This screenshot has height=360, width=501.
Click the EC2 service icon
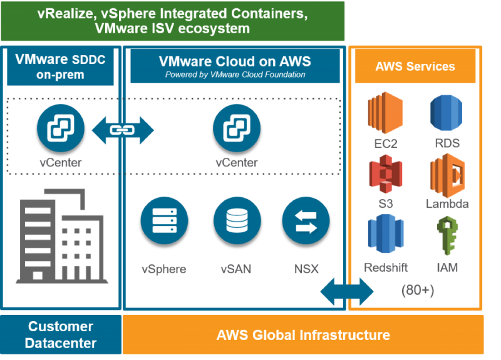[385, 113]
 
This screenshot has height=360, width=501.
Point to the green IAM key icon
[447, 236]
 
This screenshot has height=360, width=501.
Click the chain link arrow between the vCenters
[123, 130]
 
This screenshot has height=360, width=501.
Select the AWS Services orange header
[415, 67]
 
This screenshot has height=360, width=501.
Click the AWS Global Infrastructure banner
[303, 334]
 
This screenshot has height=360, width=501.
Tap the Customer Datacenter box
[60, 334]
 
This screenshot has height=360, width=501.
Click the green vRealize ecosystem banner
[173, 21]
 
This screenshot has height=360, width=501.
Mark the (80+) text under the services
[417, 291]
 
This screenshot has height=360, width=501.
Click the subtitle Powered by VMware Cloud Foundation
[235, 75]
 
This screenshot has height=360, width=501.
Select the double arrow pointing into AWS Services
[347, 291]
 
